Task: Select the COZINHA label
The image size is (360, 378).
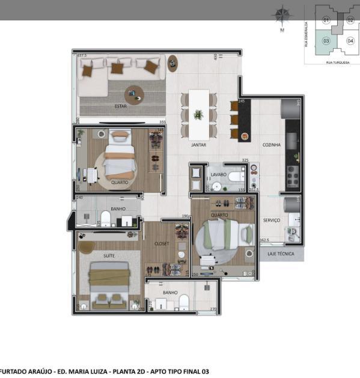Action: pyautogui.click(x=271, y=145)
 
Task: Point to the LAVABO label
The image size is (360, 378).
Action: pyautogui.click(x=218, y=174)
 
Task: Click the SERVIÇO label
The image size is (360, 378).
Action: pyautogui.click(x=271, y=221)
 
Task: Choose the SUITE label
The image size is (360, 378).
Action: pyautogui.click(x=109, y=255)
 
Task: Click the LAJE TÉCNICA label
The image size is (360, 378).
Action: pyautogui.click(x=282, y=254)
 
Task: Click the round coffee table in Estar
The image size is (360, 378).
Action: pyautogui.click(x=133, y=94)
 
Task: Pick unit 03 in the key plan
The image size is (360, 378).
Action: pyautogui.click(x=326, y=41)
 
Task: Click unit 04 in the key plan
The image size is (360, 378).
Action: pyautogui.click(x=350, y=41)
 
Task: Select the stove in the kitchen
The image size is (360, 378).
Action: pyautogui.click(x=293, y=175)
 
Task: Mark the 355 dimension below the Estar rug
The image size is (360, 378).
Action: pyautogui.click(x=162, y=122)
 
